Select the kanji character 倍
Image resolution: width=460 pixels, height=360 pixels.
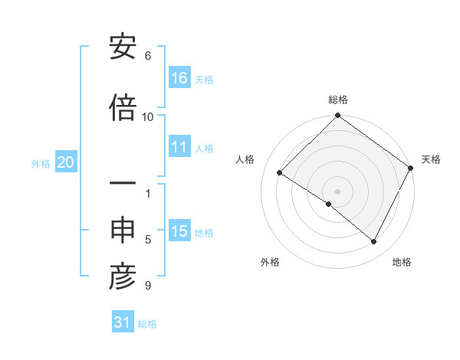tap(123, 107)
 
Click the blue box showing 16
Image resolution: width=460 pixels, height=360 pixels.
tap(179, 78)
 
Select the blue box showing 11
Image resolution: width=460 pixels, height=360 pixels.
tap(179, 147)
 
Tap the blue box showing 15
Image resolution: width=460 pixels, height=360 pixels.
tap(179, 231)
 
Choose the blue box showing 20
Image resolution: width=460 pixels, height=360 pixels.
tap(65, 162)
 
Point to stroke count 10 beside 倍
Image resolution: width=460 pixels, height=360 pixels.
tap(148, 116)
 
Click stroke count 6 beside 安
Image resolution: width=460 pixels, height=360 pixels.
tap(148, 56)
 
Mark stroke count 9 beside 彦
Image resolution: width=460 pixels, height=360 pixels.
tap(148, 286)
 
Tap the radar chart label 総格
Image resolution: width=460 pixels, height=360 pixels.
tap(337, 100)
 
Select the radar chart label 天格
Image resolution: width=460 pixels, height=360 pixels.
tap(431, 159)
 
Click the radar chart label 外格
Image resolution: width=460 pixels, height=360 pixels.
tap(270, 263)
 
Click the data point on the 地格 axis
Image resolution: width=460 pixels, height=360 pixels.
tap(374, 241)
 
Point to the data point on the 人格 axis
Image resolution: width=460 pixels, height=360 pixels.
tap(280, 173)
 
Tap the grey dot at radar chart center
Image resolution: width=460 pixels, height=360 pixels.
tap(337, 191)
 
